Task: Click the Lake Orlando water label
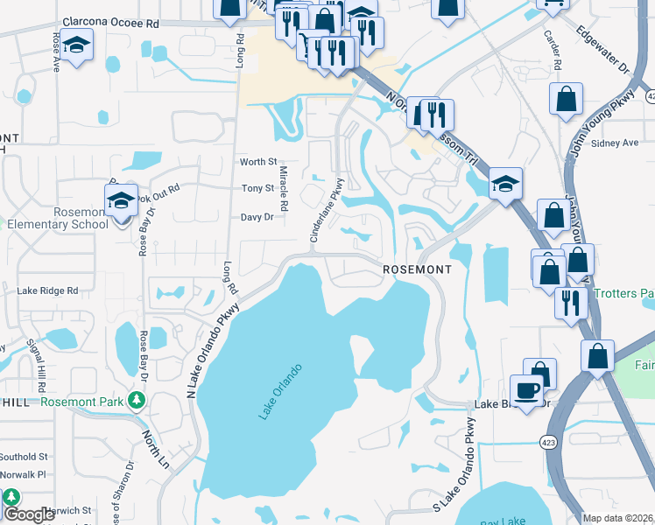(280, 391)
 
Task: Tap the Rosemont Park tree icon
(136, 400)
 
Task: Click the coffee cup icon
(526, 390)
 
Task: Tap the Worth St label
(258, 162)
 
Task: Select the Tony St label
(258, 188)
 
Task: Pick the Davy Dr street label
(257, 217)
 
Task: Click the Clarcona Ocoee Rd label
(109, 24)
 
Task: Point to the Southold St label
(24, 457)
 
